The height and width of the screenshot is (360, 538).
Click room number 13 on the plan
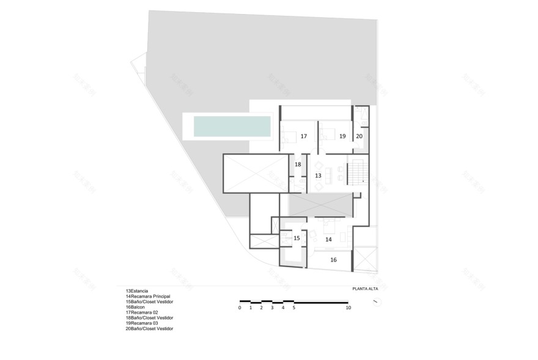tap(318, 175)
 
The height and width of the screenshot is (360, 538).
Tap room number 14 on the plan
tap(328, 240)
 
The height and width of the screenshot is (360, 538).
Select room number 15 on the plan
tap(297, 238)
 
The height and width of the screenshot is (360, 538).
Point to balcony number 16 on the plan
tap(333, 260)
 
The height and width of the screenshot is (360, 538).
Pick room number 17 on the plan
tap(303, 136)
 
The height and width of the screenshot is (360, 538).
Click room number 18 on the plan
tap(298, 164)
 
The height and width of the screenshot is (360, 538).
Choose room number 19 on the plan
tap(342, 136)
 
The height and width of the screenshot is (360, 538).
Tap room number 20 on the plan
tap(359, 136)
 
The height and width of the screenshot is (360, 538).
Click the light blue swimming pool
tap(232, 127)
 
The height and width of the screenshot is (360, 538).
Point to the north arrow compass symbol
tap(381, 301)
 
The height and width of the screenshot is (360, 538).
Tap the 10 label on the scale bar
tap(348, 308)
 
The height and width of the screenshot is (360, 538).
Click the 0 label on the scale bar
tap(240, 308)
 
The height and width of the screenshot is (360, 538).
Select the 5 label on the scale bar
tap(294, 308)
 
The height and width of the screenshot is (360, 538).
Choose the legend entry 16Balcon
tap(136, 307)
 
